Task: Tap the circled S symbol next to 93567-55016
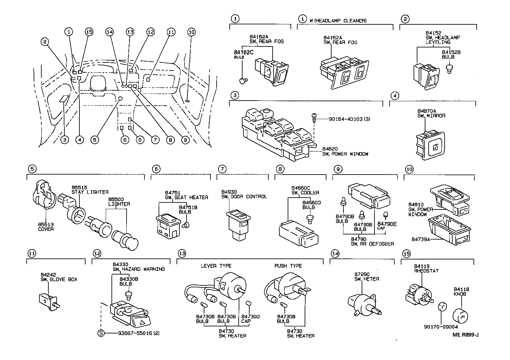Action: click(101, 333)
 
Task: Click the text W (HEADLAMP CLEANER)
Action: click(338, 20)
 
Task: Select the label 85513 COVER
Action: click(46, 227)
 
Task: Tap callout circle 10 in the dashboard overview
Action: click(192, 32)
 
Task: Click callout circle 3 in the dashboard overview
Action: click(65, 140)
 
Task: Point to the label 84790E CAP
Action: click(387, 226)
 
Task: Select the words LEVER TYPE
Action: click(216, 266)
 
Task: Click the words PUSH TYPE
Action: click(288, 266)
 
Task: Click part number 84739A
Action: click(420, 239)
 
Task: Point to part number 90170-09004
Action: click(441, 327)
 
